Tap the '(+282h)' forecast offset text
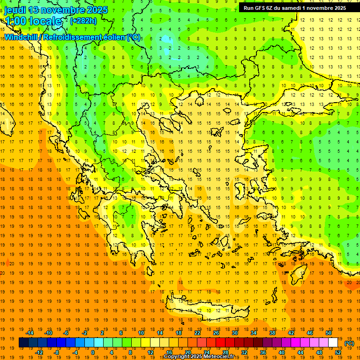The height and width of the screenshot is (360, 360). (x=83, y=21)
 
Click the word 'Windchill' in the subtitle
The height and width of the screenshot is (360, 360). (x=21, y=37)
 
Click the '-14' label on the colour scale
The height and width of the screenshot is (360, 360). (x=31, y=332)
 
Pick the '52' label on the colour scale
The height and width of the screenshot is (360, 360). (x=338, y=352)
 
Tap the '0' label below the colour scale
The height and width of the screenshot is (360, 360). (x=93, y=352)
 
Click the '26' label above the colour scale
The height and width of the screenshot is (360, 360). (x=216, y=332)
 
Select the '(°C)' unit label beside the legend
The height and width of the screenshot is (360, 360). (x=349, y=343)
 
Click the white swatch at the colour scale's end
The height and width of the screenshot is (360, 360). (x=333, y=343)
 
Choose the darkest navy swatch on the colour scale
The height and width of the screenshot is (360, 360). (x=23, y=343)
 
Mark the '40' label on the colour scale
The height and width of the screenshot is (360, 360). (x=282, y=352)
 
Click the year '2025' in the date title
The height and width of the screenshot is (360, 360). (x=94, y=10)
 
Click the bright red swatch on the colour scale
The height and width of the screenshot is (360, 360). (x=220, y=343)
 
